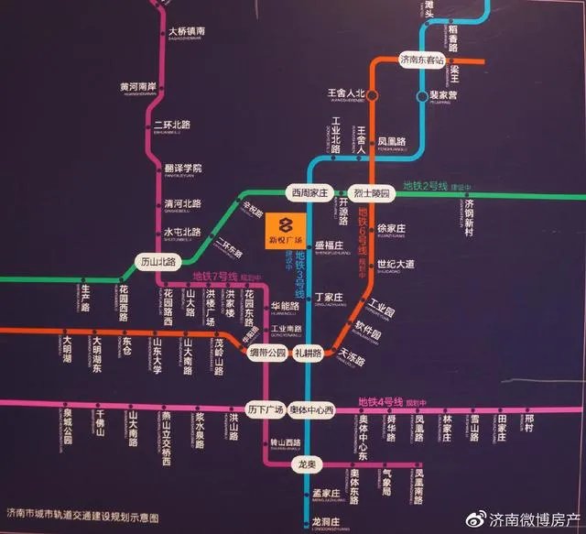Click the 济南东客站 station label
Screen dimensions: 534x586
pos(428,60)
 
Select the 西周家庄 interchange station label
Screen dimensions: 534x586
pos(309,193)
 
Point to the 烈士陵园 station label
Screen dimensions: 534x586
pos(372,193)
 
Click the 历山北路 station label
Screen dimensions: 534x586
pos(157,261)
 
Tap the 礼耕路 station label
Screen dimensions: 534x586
pos(309,353)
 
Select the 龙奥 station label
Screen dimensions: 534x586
pos(306,464)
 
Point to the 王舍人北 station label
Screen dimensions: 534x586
pos(346,94)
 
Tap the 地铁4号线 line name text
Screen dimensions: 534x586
pos(381,401)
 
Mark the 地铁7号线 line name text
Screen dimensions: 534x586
pos(214,277)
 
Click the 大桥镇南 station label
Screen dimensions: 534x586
pos(187,32)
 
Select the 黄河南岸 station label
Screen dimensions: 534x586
pos(139,88)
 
